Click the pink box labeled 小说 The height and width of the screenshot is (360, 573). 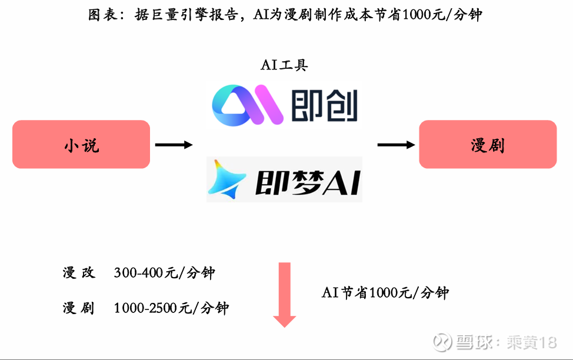click(x=81, y=145)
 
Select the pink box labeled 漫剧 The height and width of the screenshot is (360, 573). click(x=488, y=145)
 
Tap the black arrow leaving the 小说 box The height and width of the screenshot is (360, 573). click(x=174, y=145)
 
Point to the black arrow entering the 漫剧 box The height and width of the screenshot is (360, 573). click(x=397, y=145)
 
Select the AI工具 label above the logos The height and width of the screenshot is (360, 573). click(x=284, y=65)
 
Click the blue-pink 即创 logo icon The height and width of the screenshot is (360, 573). click(x=248, y=105)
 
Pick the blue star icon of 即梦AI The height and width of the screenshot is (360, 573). click(x=226, y=179)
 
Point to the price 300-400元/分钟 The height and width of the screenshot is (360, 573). click(x=165, y=273)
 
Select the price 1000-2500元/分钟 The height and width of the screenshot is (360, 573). click(x=172, y=308)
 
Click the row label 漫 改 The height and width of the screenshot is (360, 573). click(x=78, y=273)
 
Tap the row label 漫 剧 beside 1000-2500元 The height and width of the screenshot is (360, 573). click(x=78, y=308)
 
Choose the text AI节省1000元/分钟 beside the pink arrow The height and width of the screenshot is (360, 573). click(x=385, y=293)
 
